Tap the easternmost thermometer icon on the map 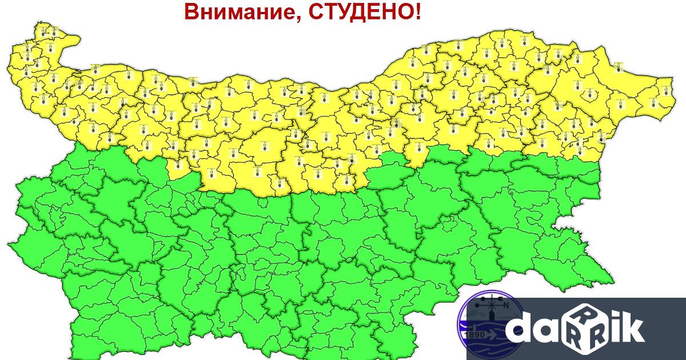tap(665, 90)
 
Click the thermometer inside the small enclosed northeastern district tap(617, 67)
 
